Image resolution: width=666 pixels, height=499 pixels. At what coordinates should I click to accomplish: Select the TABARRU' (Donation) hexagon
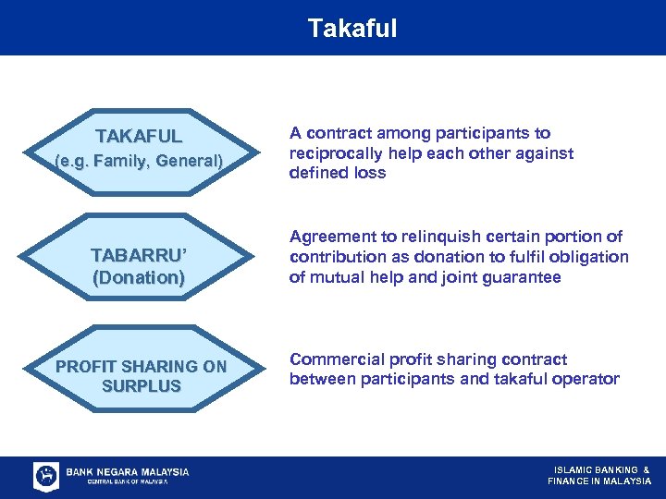pos(139,266)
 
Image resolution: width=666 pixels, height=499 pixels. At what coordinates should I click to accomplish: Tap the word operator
pos(586,379)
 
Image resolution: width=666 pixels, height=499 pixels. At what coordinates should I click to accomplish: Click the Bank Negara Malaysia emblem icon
pos(46,476)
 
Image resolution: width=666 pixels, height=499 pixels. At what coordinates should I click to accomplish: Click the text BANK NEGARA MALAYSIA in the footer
pos(128,471)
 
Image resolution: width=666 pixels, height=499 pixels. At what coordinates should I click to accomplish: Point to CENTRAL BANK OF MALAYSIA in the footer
pos(128,482)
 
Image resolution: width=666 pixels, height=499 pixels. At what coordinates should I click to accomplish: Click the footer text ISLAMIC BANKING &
pos(601,469)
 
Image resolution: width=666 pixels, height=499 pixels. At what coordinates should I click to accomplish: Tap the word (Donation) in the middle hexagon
pos(139,277)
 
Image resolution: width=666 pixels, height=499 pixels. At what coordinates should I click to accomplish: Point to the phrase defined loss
pos(338,173)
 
